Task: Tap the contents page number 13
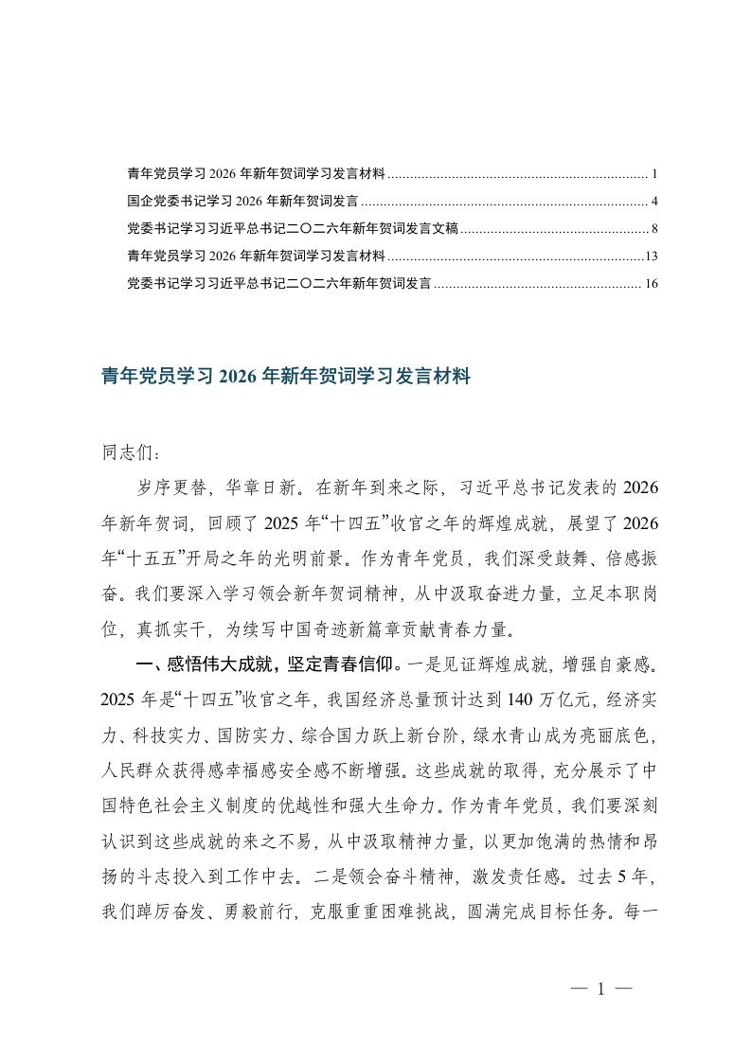coord(651,256)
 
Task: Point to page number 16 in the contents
coord(650,282)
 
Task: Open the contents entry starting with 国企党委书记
coord(241,202)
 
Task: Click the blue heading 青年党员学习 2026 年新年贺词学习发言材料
coord(285,377)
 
